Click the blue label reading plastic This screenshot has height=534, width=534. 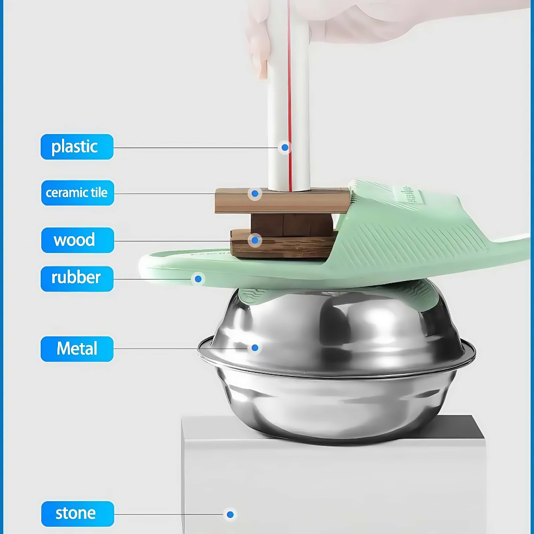click(77, 147)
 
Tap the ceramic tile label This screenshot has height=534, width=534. click(77, 193)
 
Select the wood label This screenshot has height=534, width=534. click(77, 240)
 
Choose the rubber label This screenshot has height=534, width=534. click(77, 278)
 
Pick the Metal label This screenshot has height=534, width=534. click(77, 349)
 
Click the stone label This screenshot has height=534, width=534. click(77, 514)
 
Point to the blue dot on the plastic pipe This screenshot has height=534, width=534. click(285, 148)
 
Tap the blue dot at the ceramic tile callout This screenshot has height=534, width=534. click(254, 194)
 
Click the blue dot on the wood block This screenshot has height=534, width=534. click(254, 240)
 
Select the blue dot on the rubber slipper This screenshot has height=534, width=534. click(198, 280)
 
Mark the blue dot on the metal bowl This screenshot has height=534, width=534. click(254, 348)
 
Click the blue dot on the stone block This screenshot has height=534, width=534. click(230, 514)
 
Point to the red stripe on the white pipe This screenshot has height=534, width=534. click(289, 95)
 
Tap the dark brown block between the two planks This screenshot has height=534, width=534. click(292, 225)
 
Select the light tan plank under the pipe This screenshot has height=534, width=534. click(282, 201)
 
